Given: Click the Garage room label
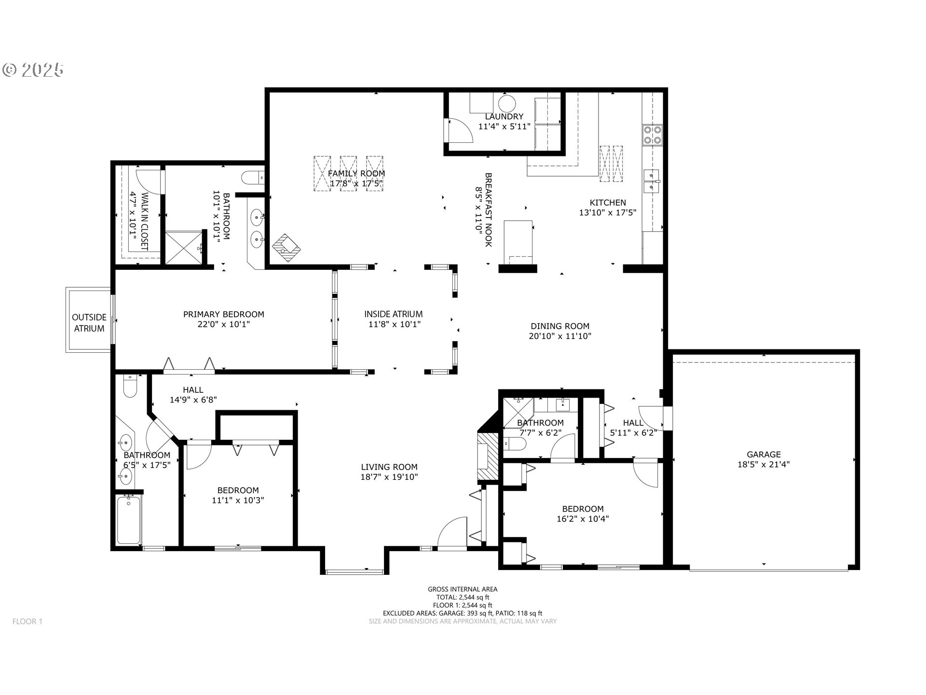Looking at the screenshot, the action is [763, 454].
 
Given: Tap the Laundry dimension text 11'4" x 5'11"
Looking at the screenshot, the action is [504, 126].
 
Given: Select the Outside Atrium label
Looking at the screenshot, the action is [89, 323].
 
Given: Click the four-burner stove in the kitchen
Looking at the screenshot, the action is [652, 135].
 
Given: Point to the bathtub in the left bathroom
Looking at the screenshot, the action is [129, 520].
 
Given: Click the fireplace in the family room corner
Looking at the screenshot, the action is [286, 248].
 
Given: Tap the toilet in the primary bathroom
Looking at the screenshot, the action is [253, 178].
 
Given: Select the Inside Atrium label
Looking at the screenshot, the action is [393, 314].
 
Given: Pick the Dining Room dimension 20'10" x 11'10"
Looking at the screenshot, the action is [560, 336].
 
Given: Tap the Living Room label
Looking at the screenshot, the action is [389, 467].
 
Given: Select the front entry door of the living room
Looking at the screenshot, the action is [452, 533].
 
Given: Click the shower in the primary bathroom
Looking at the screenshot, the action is [184, 248].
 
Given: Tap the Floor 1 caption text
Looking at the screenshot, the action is [27, 621].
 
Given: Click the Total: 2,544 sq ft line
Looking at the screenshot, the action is [463, 597].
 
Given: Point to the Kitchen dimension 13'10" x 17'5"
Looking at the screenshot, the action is [608, 212].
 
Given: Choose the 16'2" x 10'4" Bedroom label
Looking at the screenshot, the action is [583, 514].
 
